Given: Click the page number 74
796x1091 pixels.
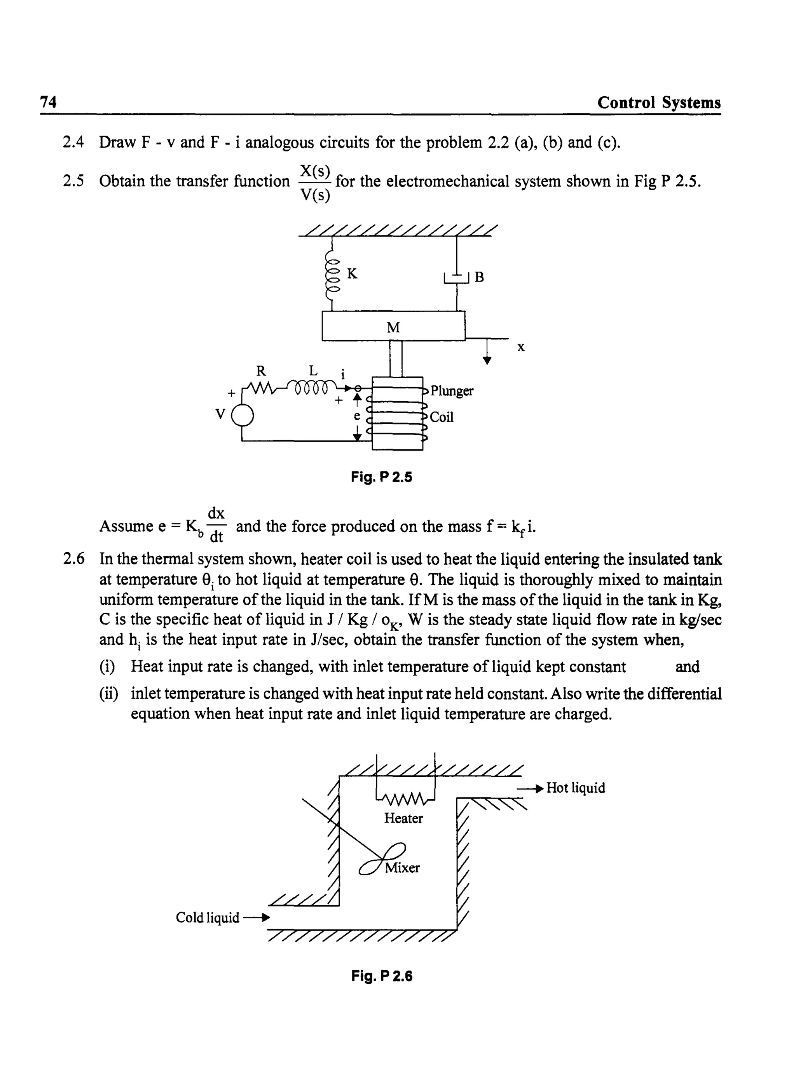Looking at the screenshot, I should tap(48, 102).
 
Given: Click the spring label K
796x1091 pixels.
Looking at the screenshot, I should tap(352, 274).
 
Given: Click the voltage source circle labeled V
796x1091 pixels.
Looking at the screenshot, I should tap(243, 414).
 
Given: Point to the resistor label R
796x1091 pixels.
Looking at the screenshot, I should tap(261, 371).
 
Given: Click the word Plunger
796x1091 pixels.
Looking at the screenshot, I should tap(452, 391).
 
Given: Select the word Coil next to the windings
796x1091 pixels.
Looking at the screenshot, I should tap(442, 417).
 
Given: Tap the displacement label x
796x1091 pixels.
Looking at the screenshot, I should tap(520, 347).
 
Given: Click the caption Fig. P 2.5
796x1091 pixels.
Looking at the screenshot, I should tap(382, 477).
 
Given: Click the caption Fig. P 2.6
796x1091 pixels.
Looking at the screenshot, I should tap(382, 976).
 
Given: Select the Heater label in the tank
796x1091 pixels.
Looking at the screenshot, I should tap(403, 818).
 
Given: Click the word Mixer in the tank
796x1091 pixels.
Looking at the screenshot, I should tap(402, 868).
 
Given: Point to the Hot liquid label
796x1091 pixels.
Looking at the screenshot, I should tap(575, 788).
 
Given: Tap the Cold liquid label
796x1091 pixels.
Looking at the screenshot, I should tap(207, 918).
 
